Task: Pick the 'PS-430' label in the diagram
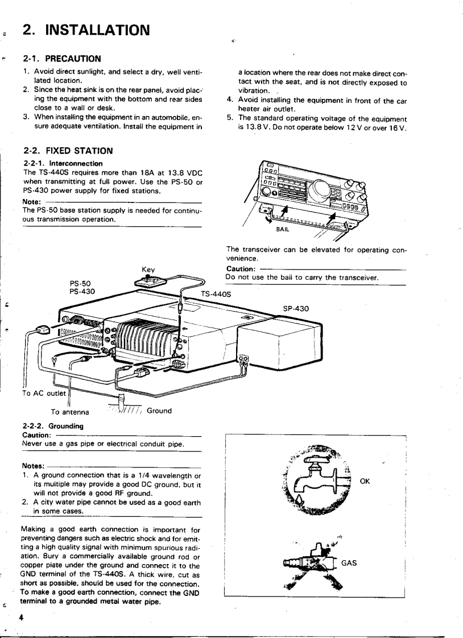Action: (82, 291)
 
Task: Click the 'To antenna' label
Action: (71, 411)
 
